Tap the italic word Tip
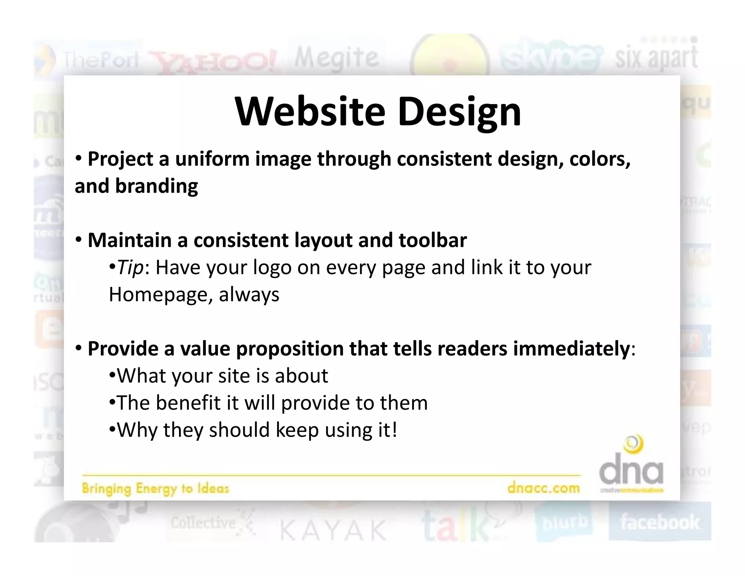click(130, 268)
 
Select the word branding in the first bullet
click(156, 186)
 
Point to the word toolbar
click(433, 240)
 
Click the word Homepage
click(158, 295)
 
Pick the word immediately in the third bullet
click(571, 349)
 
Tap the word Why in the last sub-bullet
click(138, 430)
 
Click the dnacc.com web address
click(543, 488)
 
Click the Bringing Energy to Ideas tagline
click(155, 488)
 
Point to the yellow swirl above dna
click(633, 444)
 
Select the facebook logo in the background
click(660, 522)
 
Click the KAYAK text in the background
click(333, 530)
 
